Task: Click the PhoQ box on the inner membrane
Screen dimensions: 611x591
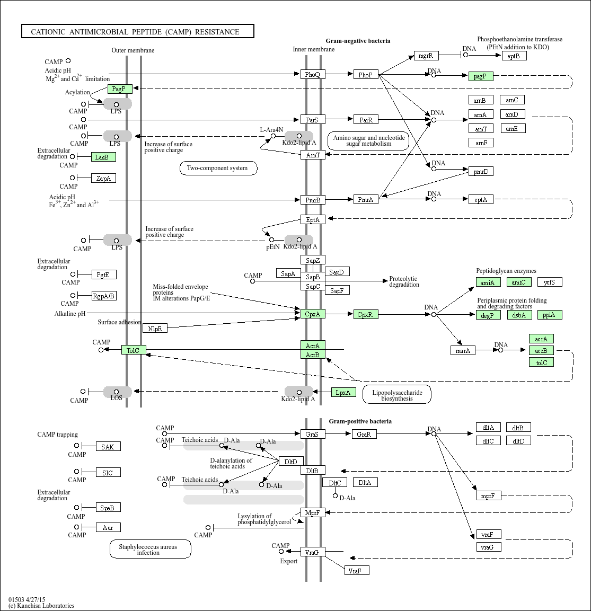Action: [x=312, y=75]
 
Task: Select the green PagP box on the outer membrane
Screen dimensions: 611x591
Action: [x=119, y=89]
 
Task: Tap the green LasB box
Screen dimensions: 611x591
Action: [x=103, y=157]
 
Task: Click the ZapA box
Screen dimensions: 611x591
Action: [x=103, y=179]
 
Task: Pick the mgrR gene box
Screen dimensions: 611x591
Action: [x=426, y=56]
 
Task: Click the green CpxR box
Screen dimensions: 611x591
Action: [x=365, y=314]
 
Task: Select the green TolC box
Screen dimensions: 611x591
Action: [x=133, y=350]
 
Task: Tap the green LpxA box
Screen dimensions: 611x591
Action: [x=343, y=392]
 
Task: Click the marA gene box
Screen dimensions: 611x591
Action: [x=463, y=350]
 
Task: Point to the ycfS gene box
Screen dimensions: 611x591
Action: [x=550, y=282]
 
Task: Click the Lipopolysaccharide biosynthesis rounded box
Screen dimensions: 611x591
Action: [x=397, y=395]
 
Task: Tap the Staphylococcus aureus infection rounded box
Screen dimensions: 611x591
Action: [x=150, y=549]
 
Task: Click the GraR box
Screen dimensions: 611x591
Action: [x=364, y=434]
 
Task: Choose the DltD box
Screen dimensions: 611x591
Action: [x=290, y=461]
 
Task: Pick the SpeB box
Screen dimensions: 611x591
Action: [x=108, y=508]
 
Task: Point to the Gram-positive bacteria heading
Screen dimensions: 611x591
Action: [x=360, y=421]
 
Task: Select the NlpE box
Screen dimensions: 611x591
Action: [x=155, y=329]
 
